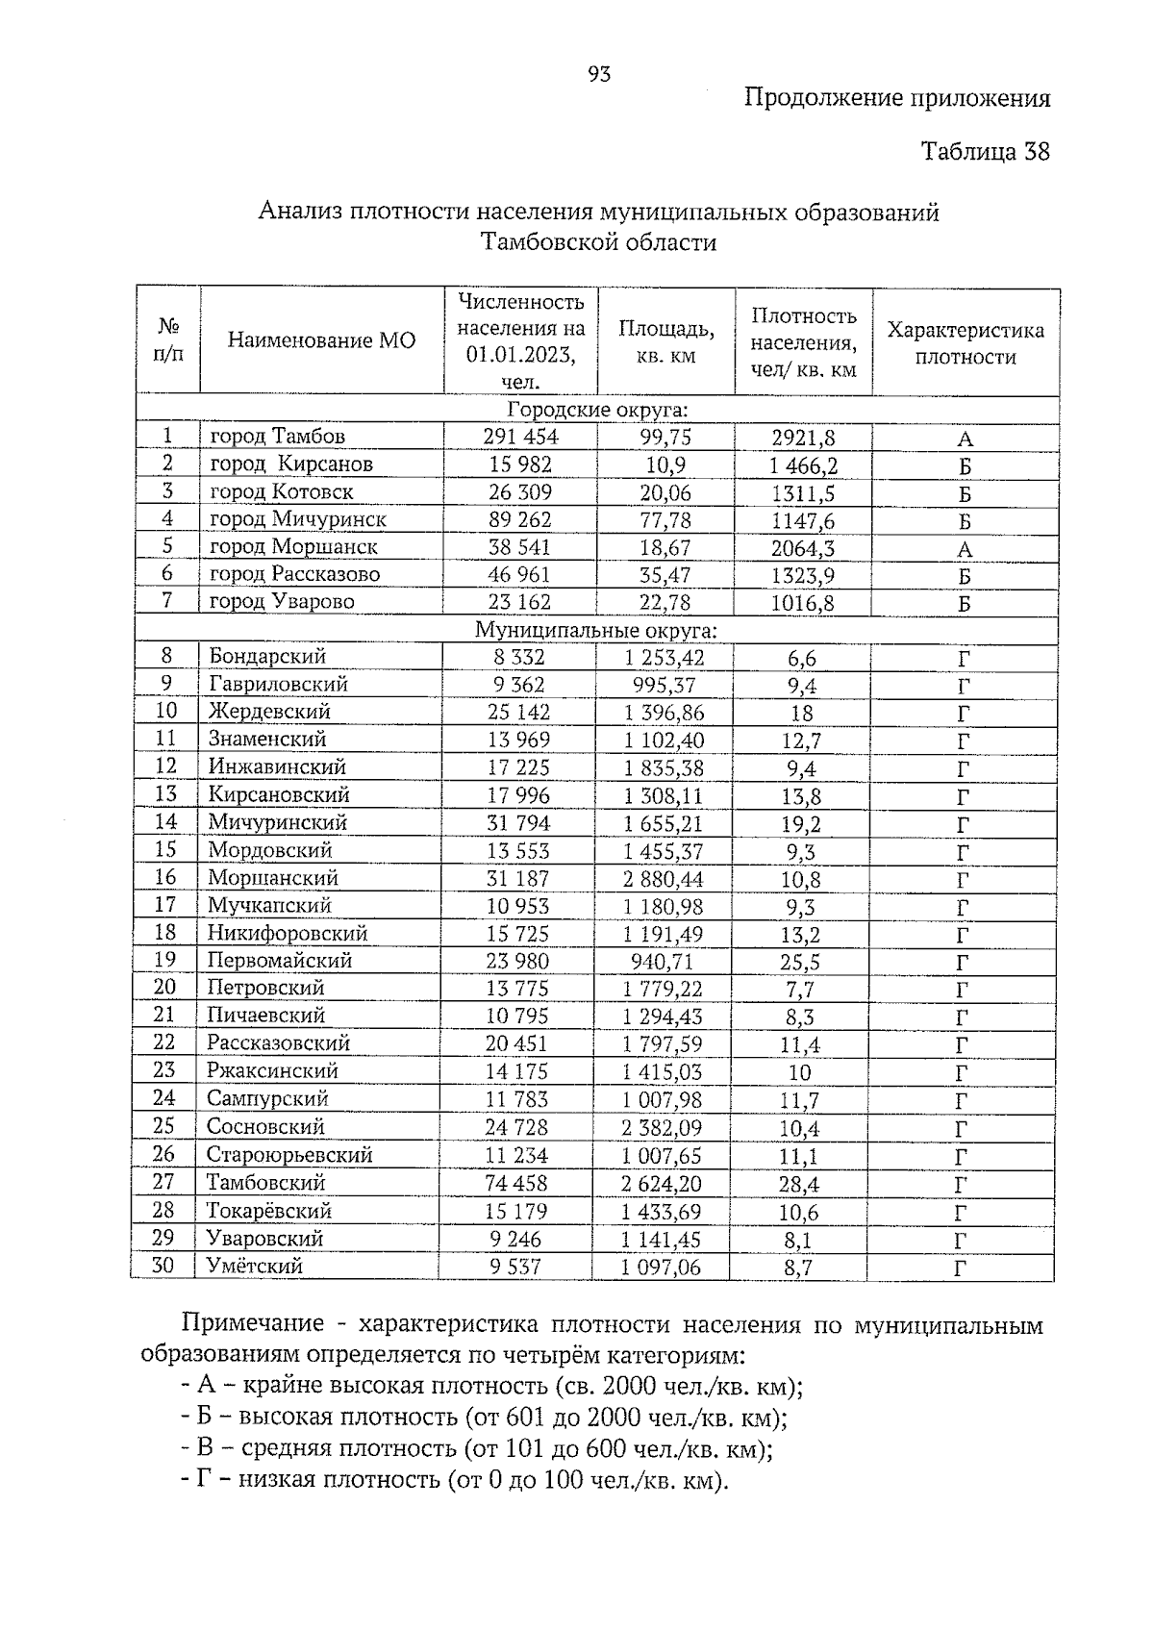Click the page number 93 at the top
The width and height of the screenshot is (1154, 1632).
pos(598,74)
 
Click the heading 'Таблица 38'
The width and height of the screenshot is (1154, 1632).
pos(985,151)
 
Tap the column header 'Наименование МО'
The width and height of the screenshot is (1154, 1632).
pos(321,340)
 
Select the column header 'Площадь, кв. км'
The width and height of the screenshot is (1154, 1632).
pos(665,341)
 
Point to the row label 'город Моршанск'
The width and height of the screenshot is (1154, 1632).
pos(293,547)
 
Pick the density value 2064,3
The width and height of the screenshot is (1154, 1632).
pos(803,549)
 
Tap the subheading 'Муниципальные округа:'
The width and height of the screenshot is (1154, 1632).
pos(596,631)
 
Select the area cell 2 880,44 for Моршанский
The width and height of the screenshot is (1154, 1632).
pos(663,879)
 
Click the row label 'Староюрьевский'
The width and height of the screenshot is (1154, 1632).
pos(288,1155)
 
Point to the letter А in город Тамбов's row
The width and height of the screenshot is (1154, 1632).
pos(965,439)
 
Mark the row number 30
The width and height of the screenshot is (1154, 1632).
pos(163,1266)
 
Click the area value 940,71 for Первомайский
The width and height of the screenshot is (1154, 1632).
pos(662,962)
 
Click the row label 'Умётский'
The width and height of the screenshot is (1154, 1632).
pos(255,1267)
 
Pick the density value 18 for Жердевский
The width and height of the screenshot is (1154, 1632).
pos(801,714)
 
